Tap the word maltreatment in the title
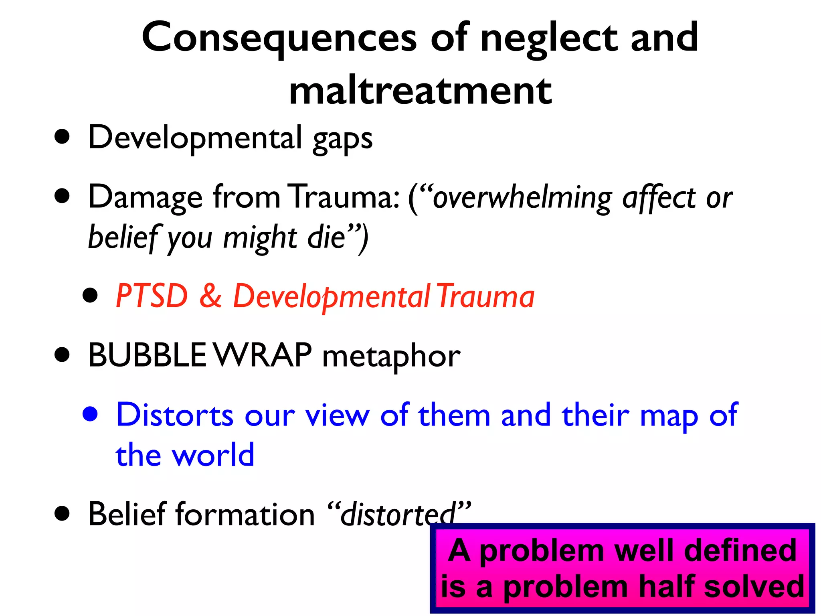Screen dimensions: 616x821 pyautogui.click(x=420, y=91)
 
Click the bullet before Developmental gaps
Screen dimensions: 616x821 pyautogui.click(x=62, y=137)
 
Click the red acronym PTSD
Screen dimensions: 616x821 pyautogui.click(x=152, y=296)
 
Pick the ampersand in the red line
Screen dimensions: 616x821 pyautogui.click(x=210, y=296)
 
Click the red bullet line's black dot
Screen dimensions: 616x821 pyautogui.click(x=90, y=295)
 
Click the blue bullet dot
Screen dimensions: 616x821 pyautogui.click(x=90, y=414)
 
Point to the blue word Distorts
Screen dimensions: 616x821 pyautogui.click(x=174, y=415)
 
